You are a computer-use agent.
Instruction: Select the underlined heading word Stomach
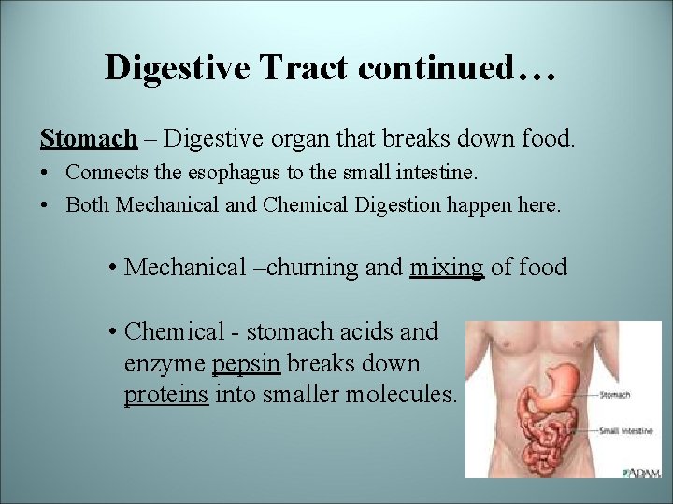[x=88, y=139]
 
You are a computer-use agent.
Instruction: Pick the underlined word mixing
[x=447, y=268]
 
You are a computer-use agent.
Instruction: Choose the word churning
[x=315, y=268]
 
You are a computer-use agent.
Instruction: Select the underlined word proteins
[x=166, y=395]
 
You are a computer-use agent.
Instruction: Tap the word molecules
[x=402, y=395]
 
